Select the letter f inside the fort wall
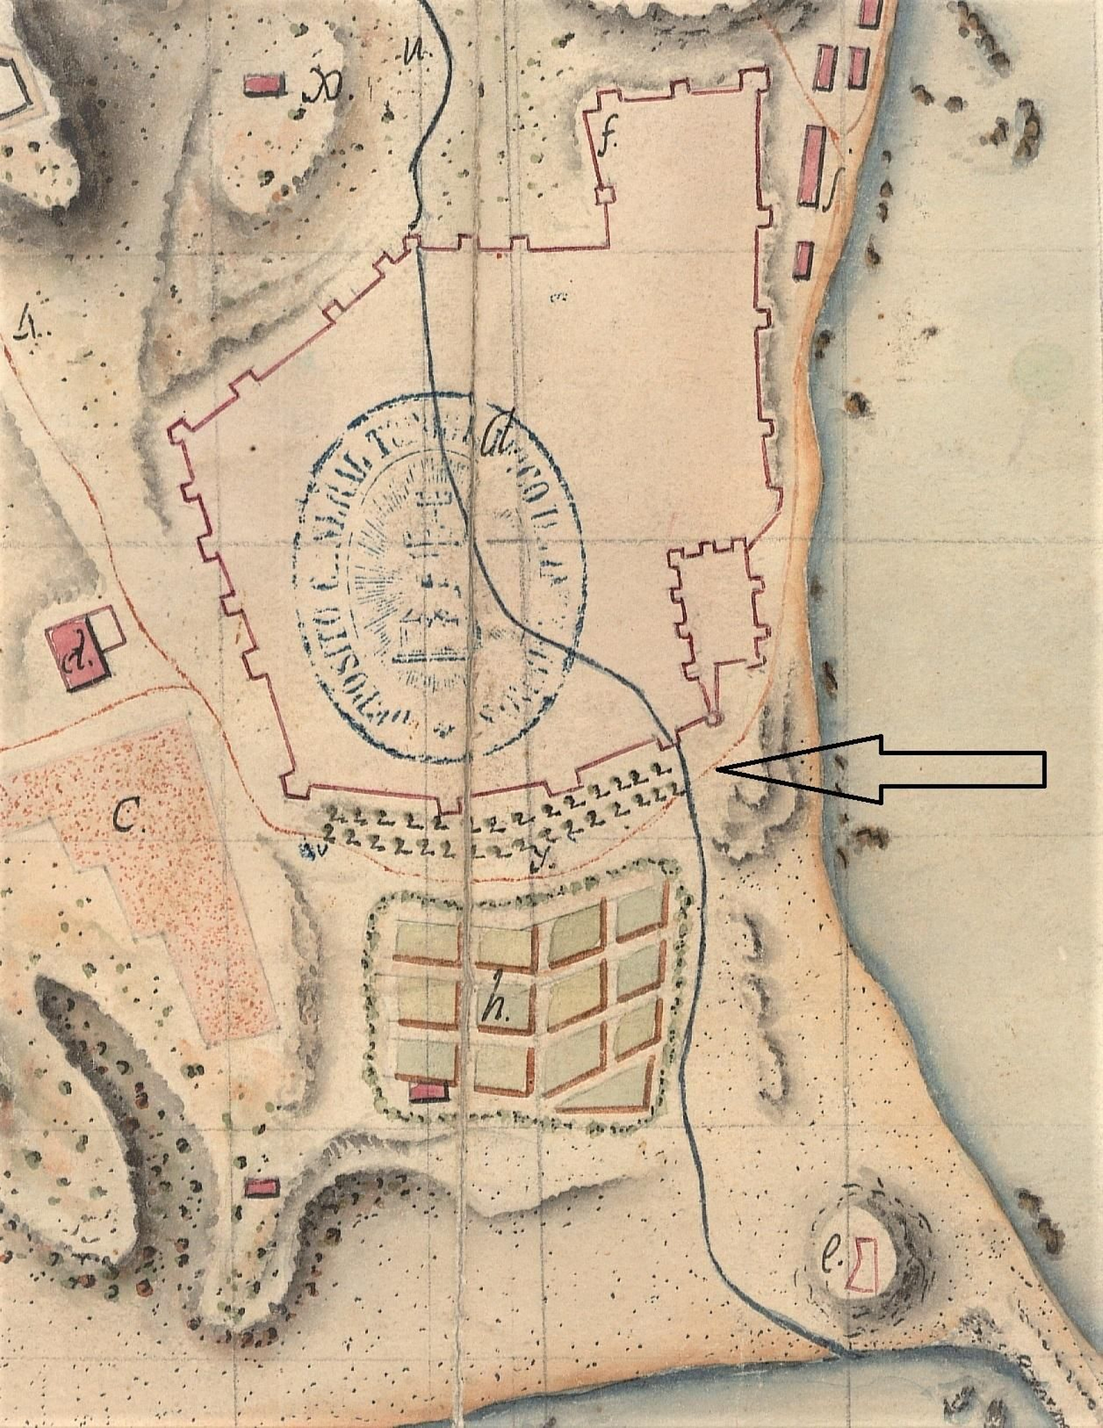pos(606,143)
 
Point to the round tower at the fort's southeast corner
pos(714,718)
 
